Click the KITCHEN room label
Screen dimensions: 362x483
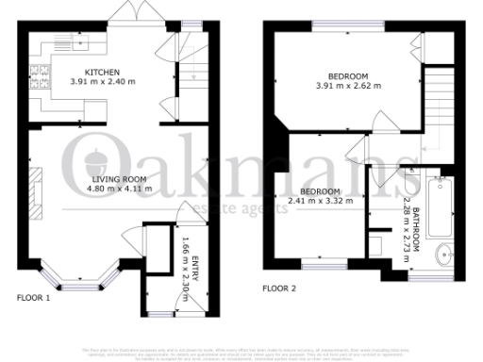102,73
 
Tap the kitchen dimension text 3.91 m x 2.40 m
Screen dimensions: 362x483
102,82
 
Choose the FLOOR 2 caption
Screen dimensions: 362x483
279,288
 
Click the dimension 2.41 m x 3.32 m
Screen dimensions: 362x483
320,200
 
